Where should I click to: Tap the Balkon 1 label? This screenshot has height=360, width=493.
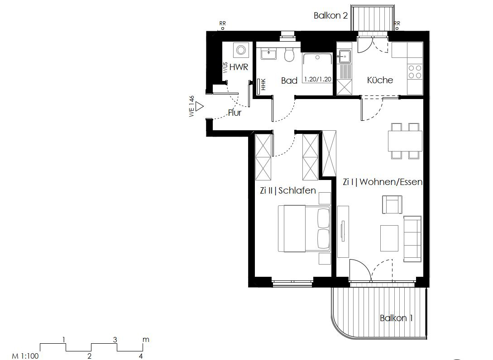coord(396,318)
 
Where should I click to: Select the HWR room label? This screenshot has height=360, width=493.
coord(239,67)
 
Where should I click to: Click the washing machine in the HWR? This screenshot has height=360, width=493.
coord(240,50)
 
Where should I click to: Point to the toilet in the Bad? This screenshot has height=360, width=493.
coord(289,55)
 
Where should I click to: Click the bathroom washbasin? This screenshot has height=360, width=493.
coord(269,53)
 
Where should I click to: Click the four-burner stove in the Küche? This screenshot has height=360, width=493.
coord(415,72)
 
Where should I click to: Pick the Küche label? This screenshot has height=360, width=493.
coord(380,80)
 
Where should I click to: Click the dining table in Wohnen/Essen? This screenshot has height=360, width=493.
coord(405,141)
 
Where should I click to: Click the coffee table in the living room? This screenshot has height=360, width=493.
coord(389,238)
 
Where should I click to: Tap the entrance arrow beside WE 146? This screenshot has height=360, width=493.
coord(199,107)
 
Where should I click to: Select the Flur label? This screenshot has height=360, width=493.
coord(235,113)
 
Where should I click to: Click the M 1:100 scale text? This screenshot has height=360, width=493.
coord(25,356)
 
